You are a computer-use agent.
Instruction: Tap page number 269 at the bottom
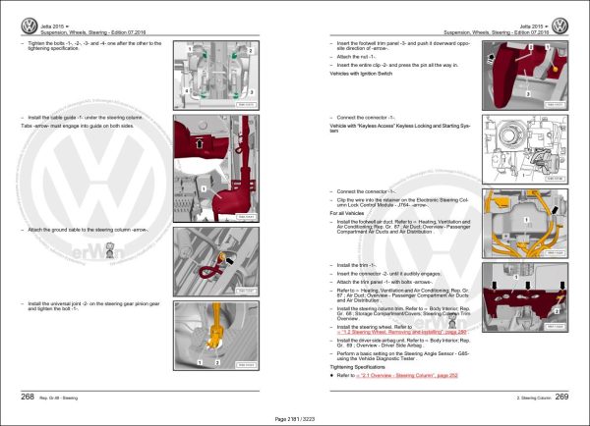click(x=561, y=397)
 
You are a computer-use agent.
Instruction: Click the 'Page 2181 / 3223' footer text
click(x=294, y=419)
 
